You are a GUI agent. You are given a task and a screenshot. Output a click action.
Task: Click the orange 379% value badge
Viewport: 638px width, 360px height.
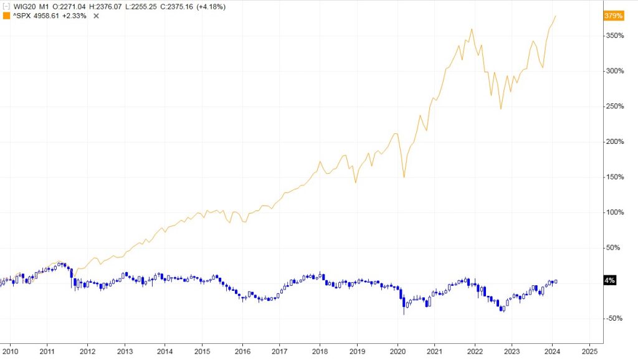614,16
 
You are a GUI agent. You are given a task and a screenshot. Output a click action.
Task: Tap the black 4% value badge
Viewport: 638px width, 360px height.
610,280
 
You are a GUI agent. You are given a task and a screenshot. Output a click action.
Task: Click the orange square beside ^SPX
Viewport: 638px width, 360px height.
7,16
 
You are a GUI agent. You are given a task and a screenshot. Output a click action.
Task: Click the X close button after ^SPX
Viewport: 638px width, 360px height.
96,16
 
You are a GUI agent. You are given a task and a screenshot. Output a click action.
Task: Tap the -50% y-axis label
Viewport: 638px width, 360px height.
614,318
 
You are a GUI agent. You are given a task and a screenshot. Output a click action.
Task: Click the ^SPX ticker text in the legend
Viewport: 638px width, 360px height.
24,16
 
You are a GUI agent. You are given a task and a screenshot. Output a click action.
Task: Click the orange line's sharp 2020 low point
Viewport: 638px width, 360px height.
404,178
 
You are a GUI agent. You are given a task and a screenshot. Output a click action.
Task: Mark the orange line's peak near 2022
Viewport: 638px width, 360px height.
472,29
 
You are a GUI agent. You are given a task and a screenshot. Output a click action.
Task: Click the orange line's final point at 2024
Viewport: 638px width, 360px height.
556,16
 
